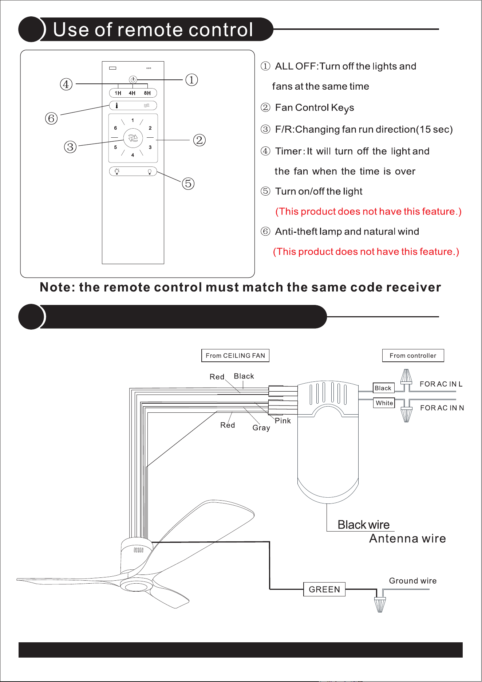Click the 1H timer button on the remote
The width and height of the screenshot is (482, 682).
tap(118, 93)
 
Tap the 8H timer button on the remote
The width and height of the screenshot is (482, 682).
tap(147, 93)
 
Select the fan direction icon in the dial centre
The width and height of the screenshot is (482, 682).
tap(133, 138)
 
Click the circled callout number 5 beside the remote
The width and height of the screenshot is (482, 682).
tap(188, 183)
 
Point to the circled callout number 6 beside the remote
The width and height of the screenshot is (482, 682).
tap(51, 118)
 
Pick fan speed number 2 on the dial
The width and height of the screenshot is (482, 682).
tap(150, 128)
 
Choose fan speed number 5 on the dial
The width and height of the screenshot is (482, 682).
tap(115, 148)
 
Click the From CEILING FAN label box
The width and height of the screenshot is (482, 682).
tap(235, 356)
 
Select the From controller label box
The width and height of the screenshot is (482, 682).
tap(413, 356)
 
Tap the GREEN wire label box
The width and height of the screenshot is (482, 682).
tap(324, 589)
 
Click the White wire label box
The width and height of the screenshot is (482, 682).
tap(384, 403)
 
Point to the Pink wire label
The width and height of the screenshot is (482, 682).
tap(283, 421)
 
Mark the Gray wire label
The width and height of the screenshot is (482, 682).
tap(261, 428)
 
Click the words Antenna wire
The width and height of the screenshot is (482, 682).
tap(407, 538)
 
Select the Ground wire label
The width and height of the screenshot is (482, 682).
tap(413, 581)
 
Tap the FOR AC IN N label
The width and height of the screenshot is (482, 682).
tap(442, 408)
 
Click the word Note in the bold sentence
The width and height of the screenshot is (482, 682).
tap(55, 287)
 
